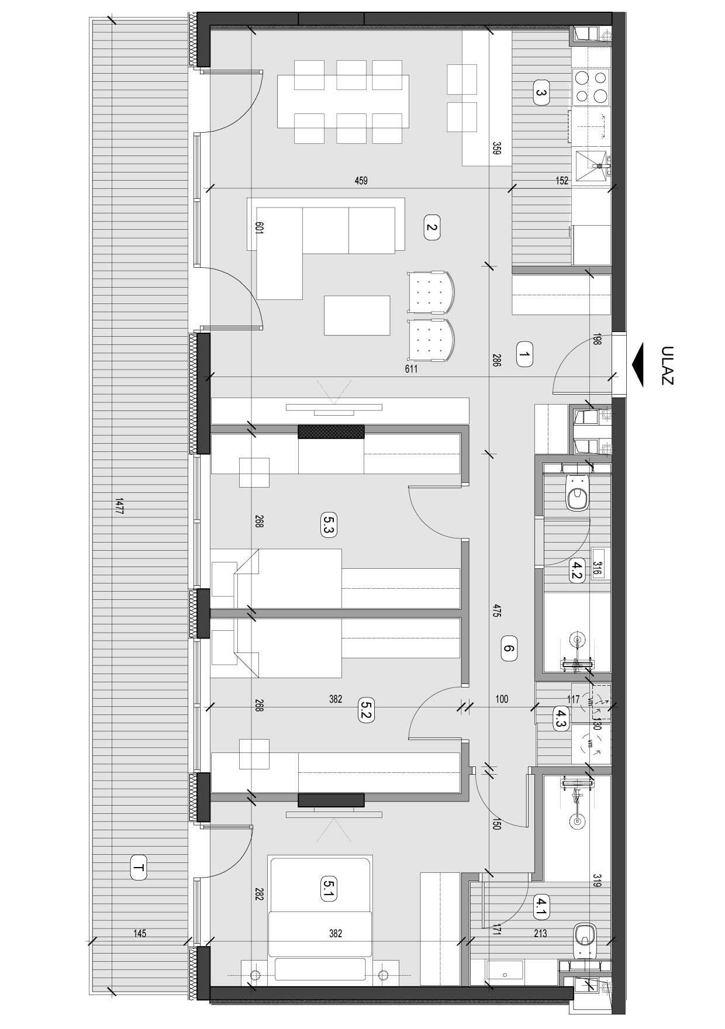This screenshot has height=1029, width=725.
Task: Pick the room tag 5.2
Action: tap(366, 710)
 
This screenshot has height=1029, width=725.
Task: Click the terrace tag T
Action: tap(139, 868)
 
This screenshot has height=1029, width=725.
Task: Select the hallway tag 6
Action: tap(509, 648)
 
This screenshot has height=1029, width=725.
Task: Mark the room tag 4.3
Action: tap(561, 717)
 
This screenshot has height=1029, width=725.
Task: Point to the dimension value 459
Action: tap(361, 181)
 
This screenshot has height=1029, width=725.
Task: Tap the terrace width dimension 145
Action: tap(140, 934)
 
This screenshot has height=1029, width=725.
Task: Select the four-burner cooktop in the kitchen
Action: tap(591, 87)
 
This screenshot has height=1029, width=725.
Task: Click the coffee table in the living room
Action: tap(357, 315)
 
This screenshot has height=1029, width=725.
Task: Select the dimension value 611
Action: tap(410, 369)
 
